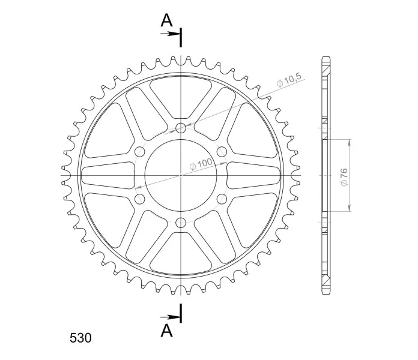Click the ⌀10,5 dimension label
pos(289,80)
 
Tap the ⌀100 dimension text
pos(201,164)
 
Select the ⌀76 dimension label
pos(344,177)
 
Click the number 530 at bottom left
pos(80,338)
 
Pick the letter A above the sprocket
pos(166,20)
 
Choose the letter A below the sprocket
pos(166,331)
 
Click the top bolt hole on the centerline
pos(181,128)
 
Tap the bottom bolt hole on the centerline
pos(181,222)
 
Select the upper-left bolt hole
pos(140,152)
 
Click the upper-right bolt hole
pos(222,152)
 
